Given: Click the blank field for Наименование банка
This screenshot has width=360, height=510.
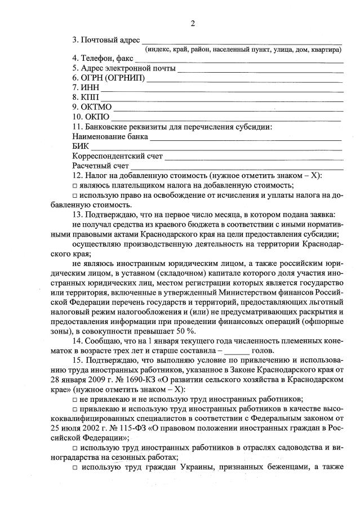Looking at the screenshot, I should click(246, 137).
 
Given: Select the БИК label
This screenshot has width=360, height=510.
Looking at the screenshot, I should click(82, 147).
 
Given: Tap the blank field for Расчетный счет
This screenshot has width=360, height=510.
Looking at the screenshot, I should click(237, 167).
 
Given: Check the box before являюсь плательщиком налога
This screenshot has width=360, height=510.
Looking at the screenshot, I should click(75, 185).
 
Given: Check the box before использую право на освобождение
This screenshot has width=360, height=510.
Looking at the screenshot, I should click(75, 195).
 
